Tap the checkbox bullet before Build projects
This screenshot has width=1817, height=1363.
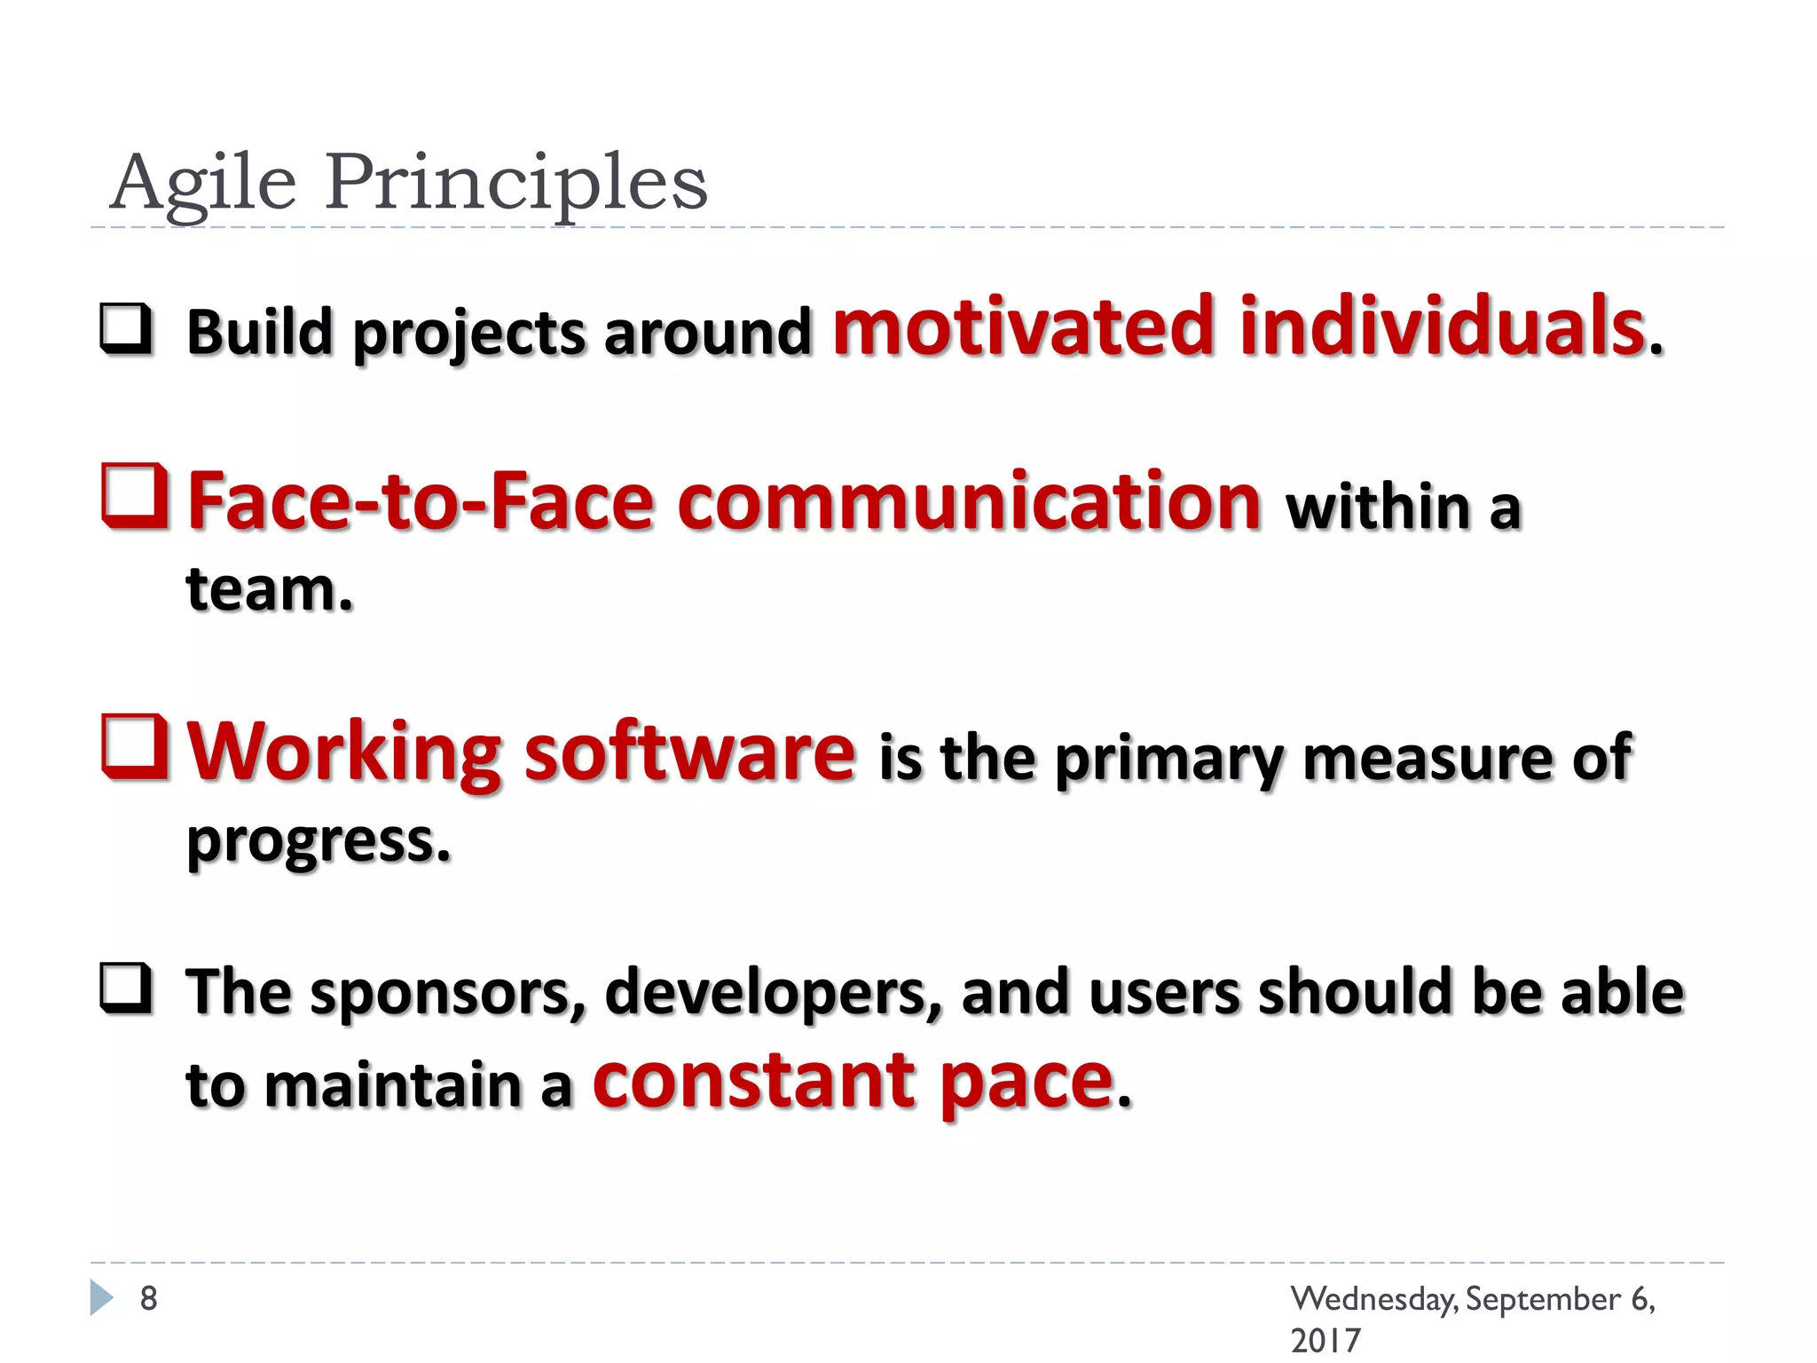[125, 328]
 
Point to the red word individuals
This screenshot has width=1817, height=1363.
[1442, 326]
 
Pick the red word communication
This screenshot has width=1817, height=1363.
[969, 501]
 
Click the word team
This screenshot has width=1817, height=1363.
[269, 590]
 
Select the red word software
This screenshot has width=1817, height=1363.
[690, 752]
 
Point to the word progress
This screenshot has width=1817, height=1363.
[318, 840]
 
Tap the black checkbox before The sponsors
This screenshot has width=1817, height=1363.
[125, 988]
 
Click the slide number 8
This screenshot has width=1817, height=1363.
[149, 1298]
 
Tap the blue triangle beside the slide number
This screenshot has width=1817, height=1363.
[102, 1297]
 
